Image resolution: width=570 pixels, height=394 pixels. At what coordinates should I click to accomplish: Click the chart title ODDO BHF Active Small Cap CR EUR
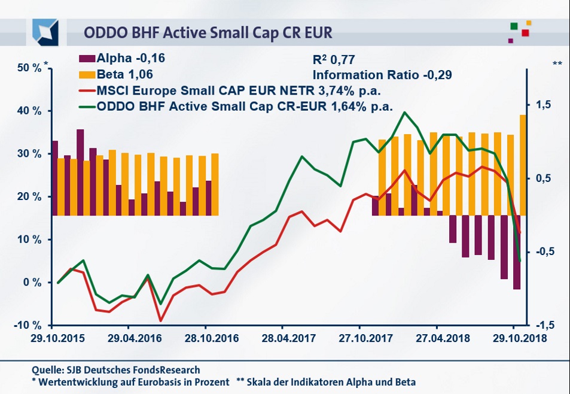[208, 31]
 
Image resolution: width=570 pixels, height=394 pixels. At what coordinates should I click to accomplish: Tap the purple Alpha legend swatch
[86, 59]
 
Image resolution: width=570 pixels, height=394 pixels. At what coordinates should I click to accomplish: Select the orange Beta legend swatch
[86, 75]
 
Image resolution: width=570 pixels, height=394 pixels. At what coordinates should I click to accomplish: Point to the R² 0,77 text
[334, 60]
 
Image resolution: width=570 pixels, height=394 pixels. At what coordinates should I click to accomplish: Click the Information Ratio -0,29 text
[382, 75]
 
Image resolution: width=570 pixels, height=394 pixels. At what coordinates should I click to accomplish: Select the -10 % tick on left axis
[28, 325]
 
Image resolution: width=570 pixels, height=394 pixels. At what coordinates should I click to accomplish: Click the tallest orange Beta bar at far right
[523, 165]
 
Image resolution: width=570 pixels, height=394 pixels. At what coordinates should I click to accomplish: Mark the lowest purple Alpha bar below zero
[516, 251]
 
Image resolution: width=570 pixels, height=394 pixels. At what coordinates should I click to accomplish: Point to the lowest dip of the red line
[160, 320]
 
